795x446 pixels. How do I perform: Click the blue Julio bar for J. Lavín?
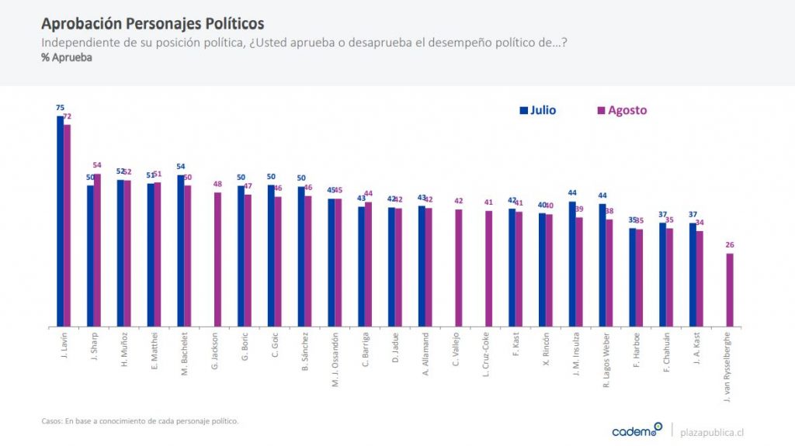coord(60,221)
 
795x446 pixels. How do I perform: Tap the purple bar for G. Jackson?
coord(218,259)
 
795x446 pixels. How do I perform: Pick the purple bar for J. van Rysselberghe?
coord(730,289)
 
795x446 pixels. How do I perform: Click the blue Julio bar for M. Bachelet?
coord(181,251)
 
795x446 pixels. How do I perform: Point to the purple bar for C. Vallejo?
coord(459,268)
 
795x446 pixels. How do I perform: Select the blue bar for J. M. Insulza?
coord(572,264)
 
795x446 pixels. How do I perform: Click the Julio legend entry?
coord(537,110)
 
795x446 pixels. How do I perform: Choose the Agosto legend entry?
coord(621,110)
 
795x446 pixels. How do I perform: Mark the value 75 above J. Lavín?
coord(60,108)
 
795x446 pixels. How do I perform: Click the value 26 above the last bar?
coord(730,245)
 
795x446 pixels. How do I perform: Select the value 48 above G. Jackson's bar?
coord(218,184)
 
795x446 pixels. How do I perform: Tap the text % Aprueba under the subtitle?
coord(67,58)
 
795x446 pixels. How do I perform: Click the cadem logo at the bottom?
coord(637,430)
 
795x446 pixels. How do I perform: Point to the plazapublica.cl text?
coord(718,431)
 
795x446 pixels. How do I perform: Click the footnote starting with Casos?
coord(140,421)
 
